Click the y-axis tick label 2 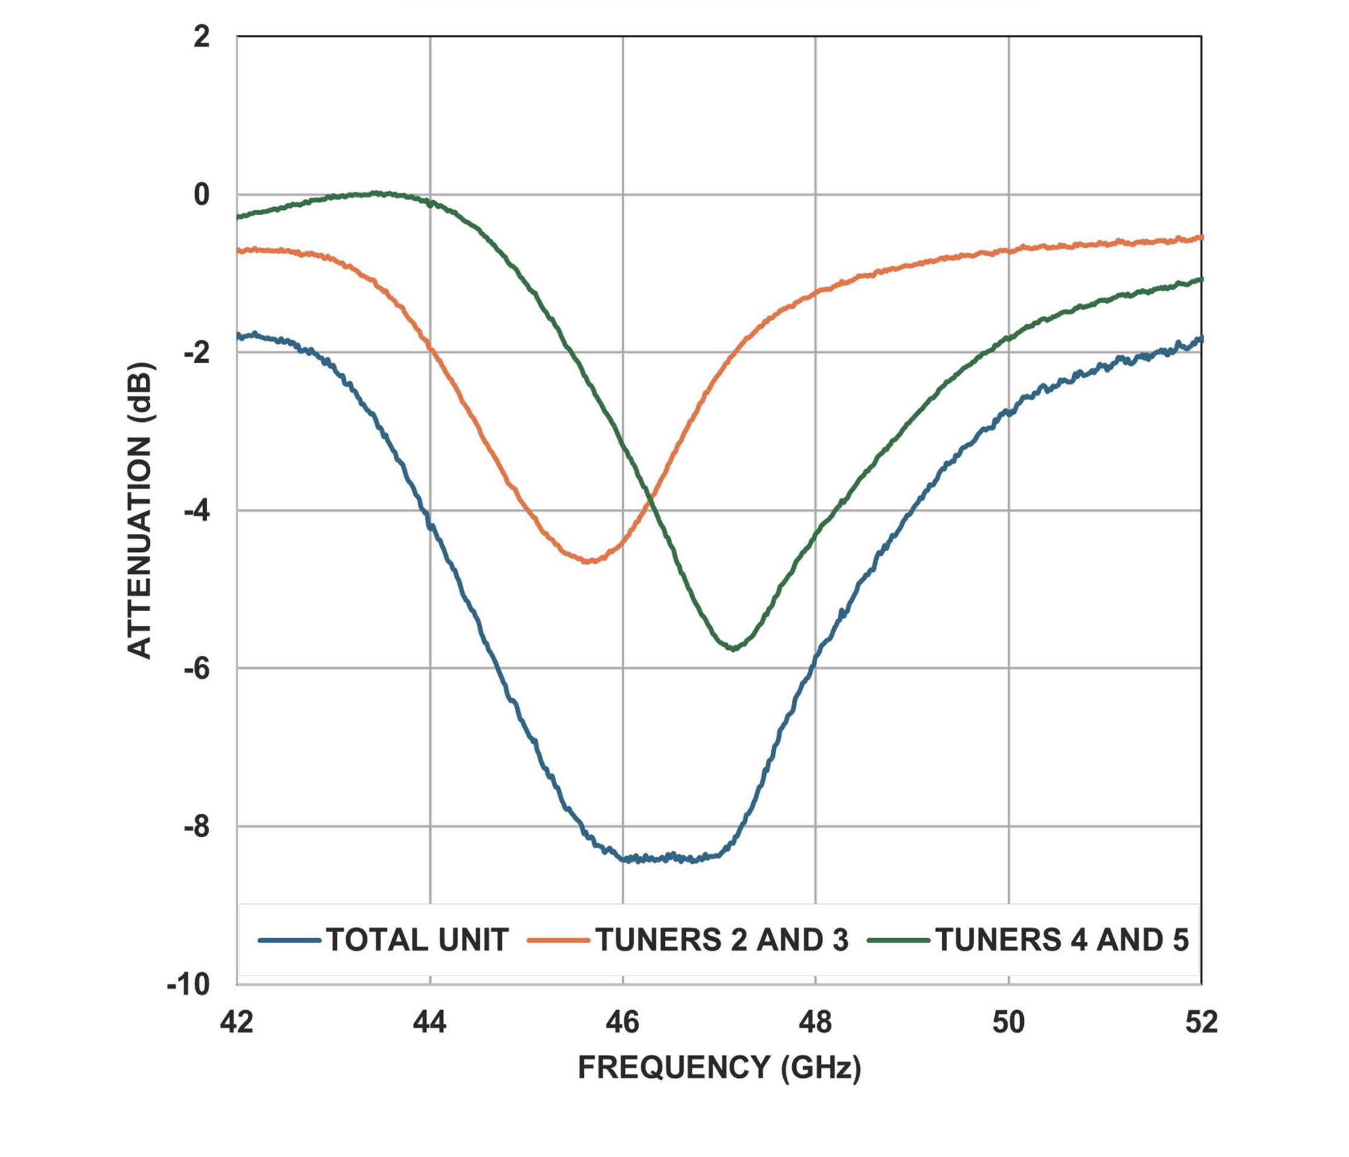(x=202, y=37)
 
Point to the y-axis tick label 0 (x=202, y=195)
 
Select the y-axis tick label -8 (x=196, y=827)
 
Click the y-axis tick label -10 (x=189, y=985)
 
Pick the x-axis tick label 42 (x=236, y=1022)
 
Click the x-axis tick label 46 (x=623, y=1022)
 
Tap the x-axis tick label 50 (x=1009, y=1022)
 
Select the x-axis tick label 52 (x=1201, y=1022)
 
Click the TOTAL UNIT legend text (x=416, y=940)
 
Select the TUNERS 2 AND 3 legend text (x=722, y=940)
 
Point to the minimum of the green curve (x=734, y=649)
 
